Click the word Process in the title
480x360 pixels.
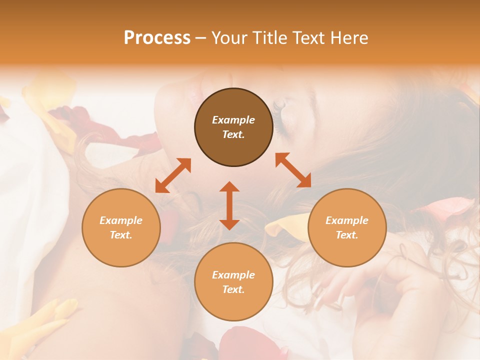157,38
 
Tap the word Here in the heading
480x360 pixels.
348,38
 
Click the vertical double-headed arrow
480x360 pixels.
229,205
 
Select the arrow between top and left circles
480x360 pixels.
173,175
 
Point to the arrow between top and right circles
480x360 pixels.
293,170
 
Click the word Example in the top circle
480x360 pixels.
233,120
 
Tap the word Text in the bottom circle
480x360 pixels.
233,289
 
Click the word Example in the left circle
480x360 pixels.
121,220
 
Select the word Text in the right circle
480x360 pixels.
347,235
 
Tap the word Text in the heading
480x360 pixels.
308,38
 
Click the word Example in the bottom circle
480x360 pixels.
233,275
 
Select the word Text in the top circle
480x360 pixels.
233,134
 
